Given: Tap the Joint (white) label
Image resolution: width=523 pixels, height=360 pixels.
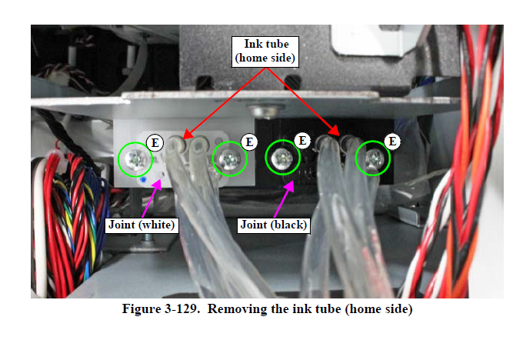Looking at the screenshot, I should point(141,225).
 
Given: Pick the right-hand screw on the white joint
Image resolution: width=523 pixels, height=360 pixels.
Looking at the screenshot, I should point(229,158).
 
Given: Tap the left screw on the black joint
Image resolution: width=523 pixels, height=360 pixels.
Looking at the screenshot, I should point(282,159).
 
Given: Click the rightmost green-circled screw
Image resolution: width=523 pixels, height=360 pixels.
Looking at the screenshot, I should point(373,158).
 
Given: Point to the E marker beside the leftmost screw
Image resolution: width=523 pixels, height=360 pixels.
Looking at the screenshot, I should point(155,142).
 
